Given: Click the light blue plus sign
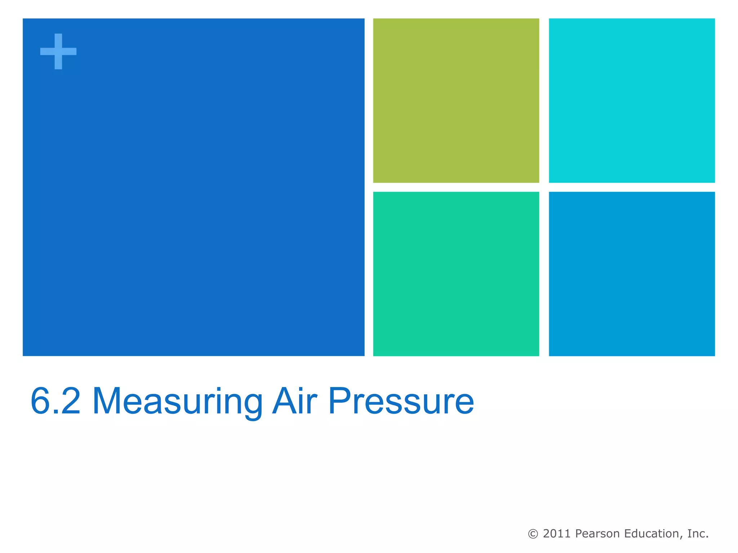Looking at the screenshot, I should click(x=58, y=51).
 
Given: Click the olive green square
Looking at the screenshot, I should click(x=456, y=100).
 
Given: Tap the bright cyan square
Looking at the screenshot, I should click(x=631, y=100).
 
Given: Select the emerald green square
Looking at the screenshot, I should click(x=456, y=274).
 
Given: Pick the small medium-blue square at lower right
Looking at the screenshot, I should click(x=631, y=274).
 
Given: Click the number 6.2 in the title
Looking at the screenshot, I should click(x=55, y=401).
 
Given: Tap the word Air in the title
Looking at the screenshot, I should click(x=295, y=401).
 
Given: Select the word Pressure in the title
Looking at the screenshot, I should click(x=401, y=401).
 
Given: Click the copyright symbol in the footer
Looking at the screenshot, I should click(x=533, y=534).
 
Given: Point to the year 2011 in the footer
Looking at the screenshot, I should click(x=557, y=534).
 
